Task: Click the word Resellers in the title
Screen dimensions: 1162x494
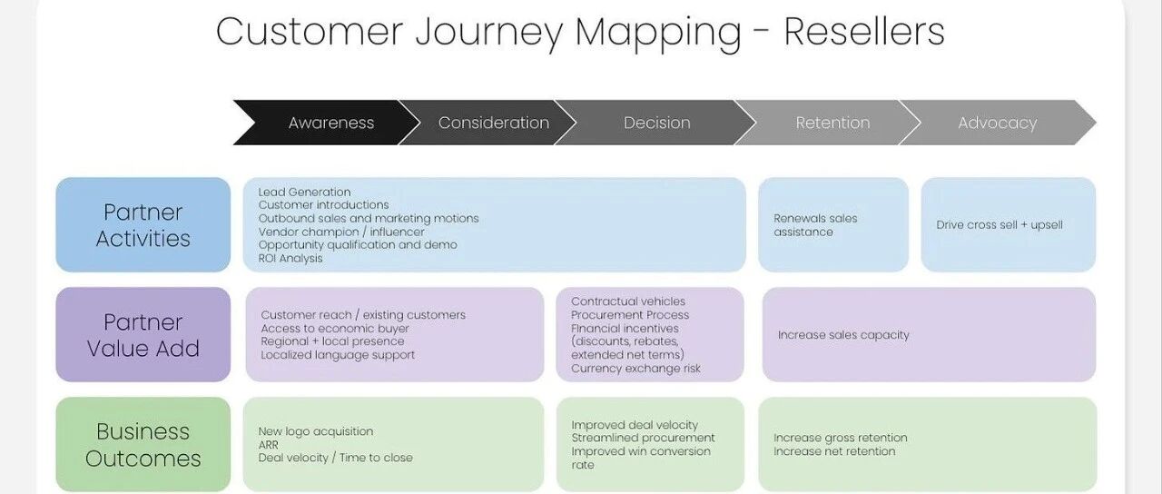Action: click(863, 32)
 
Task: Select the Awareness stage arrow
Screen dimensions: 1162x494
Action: click(326, 123)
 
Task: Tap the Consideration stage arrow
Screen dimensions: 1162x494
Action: click(487, 123)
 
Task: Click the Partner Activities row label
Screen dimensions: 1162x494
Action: click(143, 224)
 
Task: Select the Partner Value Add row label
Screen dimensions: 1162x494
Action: click(143, 335)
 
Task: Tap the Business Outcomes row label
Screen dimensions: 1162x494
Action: click(143, 445)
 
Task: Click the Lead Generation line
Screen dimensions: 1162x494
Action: click(304, 192)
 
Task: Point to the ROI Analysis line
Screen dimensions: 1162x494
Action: click(290, 259)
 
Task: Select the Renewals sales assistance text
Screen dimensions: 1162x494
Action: click(815, 225)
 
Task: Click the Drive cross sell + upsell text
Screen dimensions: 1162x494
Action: click(1000, 225)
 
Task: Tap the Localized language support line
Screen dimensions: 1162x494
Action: click(338, 355)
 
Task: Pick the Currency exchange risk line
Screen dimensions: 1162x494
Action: click(636, 369)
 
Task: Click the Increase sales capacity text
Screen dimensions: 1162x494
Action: click(843, 335)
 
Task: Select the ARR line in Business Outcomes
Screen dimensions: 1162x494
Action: click(268, 445)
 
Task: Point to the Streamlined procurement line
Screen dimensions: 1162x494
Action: click(644, 438)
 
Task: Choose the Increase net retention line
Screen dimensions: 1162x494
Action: click(834, 451)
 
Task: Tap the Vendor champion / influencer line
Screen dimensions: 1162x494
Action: click(341, 232)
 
